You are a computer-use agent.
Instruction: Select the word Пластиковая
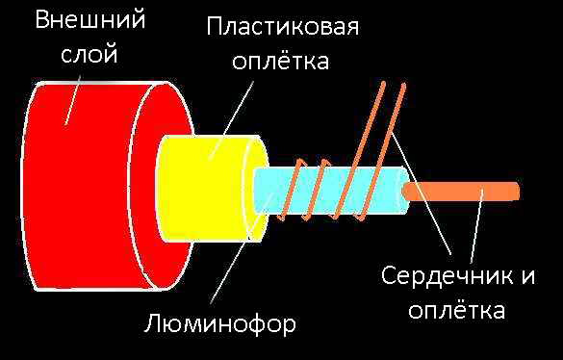click(x=283, y=26)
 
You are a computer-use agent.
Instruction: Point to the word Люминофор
click(x=222, y=320)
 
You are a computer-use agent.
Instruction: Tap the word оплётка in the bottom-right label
click(x=455, y=311)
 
